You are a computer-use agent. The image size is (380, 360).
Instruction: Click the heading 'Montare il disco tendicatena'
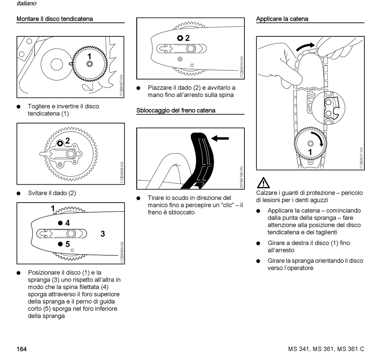point(54,19)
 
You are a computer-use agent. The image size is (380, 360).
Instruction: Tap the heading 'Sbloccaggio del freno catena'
point(176,110)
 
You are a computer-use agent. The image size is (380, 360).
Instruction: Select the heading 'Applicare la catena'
point(282,19)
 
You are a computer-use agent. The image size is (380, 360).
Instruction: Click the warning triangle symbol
point(263,183)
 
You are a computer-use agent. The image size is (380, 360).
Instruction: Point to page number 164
point(22,349)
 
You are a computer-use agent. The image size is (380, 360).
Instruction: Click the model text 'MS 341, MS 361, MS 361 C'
point(326,349)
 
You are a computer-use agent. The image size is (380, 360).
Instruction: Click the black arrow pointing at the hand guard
point(220,138)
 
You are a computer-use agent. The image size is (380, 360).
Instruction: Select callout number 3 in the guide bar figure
point(103,234)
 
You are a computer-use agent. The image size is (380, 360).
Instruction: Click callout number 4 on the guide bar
point(68,223)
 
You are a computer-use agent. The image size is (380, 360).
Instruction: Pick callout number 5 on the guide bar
point(68,244)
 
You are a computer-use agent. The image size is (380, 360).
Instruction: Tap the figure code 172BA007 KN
point(121,86)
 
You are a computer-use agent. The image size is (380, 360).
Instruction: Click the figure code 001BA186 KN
point(241,177)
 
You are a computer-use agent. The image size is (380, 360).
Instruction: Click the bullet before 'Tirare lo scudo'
point(138,198)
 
